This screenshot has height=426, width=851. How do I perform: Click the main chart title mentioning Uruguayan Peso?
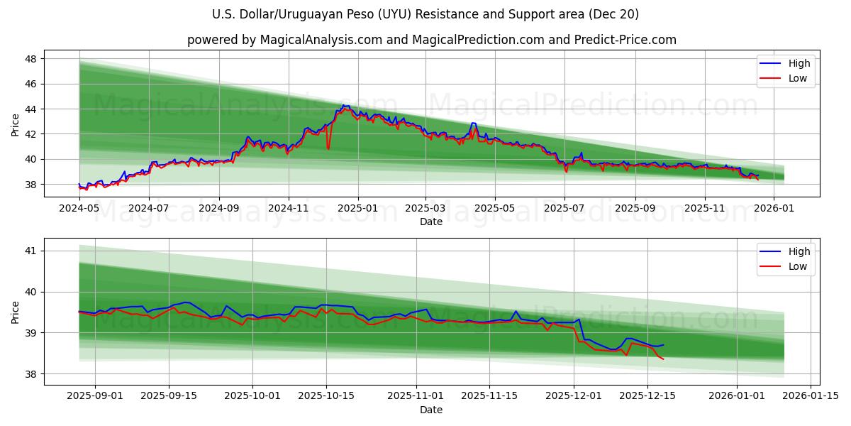coord(425,14)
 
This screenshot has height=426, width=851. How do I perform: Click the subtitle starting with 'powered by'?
coord(431,40)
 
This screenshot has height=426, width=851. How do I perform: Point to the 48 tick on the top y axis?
coord(31,59)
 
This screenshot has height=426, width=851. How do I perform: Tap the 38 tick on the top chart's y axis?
coord(31,185)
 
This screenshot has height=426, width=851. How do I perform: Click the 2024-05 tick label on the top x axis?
coord(79,209)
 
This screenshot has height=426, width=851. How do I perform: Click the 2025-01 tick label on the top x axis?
coord(357,209)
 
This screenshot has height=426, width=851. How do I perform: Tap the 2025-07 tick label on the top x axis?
coord(564,209)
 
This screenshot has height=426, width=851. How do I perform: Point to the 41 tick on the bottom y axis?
coord(31,251)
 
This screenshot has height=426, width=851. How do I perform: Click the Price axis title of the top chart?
coord(16,124)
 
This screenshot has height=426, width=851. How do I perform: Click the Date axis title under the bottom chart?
coord(431,410)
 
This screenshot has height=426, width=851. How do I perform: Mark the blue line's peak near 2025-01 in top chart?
coord(344,105)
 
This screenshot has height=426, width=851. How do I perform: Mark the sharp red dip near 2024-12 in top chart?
coord(328,148)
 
